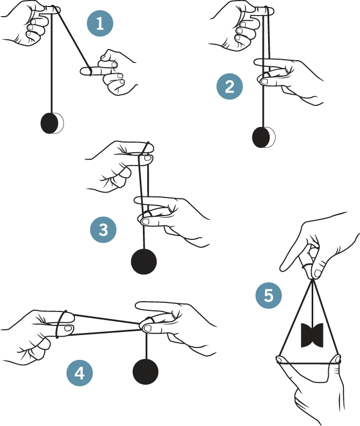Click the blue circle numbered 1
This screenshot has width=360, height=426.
pos(100,23)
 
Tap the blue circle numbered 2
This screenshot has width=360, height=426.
pos(229,87)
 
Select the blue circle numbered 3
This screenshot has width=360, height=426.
pos(103,230)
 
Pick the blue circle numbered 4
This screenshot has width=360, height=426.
pos(80,373)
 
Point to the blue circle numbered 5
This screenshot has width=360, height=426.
pos(269,295)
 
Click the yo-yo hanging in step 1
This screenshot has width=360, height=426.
pos(52,123)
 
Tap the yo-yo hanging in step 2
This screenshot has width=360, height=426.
pos(263,137)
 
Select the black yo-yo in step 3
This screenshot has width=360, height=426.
pos(144,261)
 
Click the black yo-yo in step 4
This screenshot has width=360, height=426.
pos(146,372)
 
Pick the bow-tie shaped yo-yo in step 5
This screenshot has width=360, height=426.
pos(312,335)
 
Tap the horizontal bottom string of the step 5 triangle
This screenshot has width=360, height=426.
pos(309,363)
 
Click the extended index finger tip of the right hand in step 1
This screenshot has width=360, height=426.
pos(82,71)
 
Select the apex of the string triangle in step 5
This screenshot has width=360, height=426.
pos(313,279)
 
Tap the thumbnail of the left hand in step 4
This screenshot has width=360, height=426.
pos(68,329)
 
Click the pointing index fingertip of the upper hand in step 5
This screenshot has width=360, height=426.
pos(282,269)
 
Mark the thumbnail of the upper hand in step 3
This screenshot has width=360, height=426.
pos(148,158)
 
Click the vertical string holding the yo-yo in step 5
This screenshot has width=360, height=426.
pos(313,302)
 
